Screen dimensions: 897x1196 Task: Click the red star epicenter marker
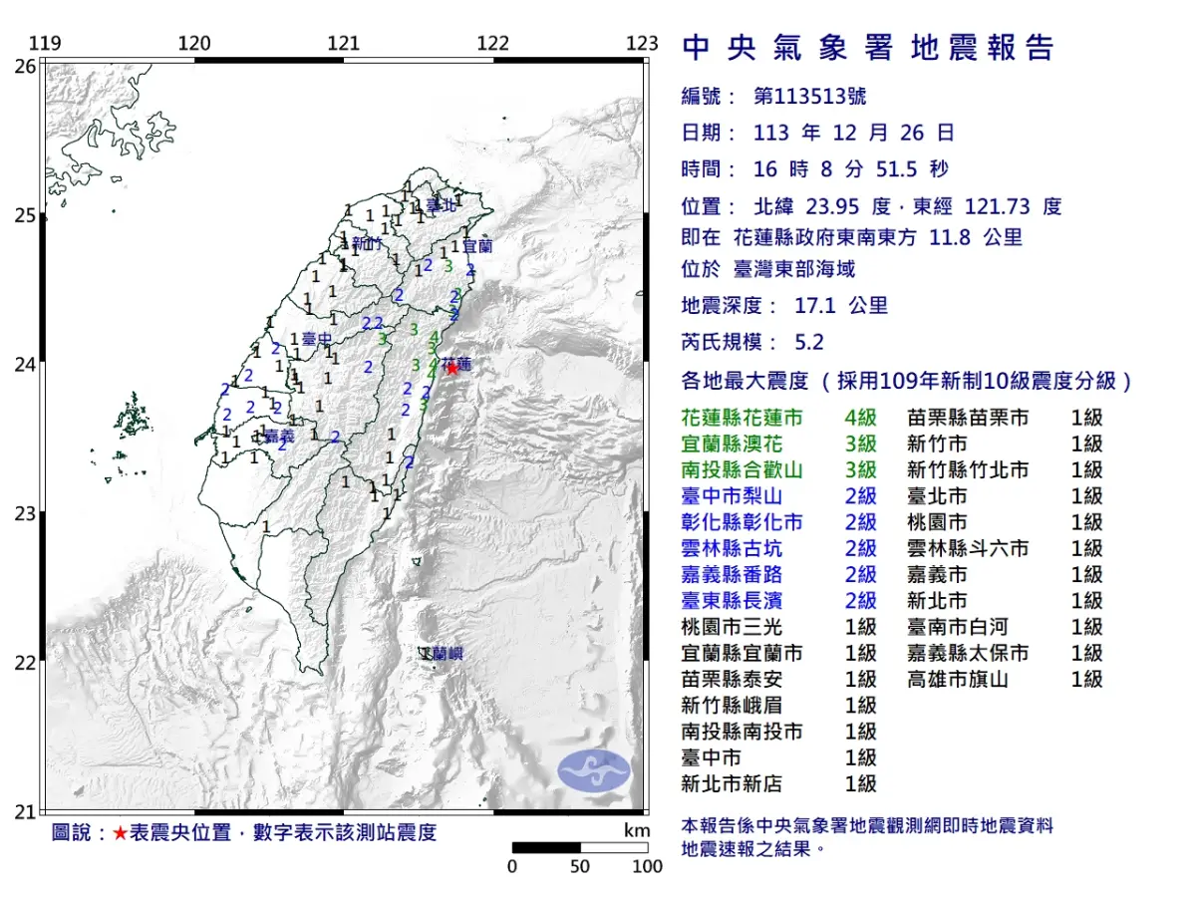tap(451, 368)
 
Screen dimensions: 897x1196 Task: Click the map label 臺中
tap(317, 340)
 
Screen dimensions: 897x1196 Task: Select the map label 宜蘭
tap(477, 244)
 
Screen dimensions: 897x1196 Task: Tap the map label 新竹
tap(366, 244)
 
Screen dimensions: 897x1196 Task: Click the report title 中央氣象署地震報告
tap(867, 48)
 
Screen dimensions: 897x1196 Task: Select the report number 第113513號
tap(809, 97)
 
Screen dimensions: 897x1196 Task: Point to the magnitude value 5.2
tap(809, 342)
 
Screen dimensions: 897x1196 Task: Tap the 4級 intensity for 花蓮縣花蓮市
tap(860, 418)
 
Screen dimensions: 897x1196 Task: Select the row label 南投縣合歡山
tap(743, 469)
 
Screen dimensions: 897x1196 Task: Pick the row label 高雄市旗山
tap(958, 679)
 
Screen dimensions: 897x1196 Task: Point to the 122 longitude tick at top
tap(493, 44)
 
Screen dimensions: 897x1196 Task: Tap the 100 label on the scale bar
tap(647, 866)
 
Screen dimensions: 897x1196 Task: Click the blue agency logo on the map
tap(594, 770)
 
